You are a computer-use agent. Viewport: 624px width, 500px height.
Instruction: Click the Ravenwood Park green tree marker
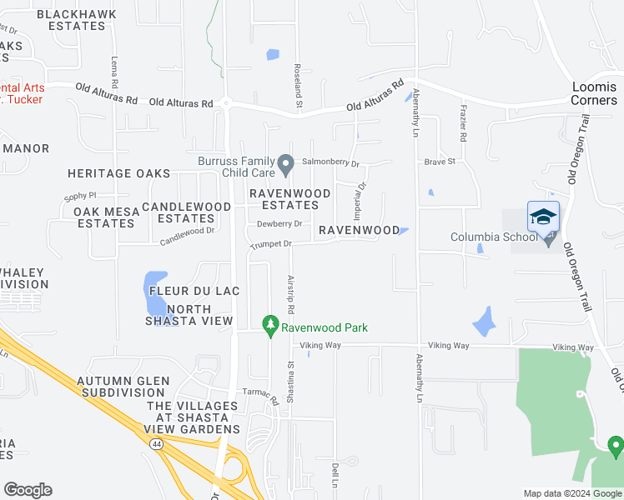coord(269,326)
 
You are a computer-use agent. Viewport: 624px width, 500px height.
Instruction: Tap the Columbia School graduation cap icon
coord(543,217)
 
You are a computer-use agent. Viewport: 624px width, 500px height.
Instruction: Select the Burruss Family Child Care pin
coord(285,164)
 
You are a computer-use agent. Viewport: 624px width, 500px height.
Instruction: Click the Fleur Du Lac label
coord(194,292)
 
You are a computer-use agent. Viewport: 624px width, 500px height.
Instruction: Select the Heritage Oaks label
coord(119,173)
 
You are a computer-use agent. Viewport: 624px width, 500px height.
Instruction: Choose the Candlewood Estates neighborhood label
coord(186,212)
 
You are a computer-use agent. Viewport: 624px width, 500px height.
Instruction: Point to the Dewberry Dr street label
coord(279,223)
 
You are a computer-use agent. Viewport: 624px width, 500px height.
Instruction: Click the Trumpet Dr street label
coord(269,244)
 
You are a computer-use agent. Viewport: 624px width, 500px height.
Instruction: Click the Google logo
coord(28,490)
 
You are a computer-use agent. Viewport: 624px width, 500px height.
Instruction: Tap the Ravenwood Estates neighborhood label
coord(291,199)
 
